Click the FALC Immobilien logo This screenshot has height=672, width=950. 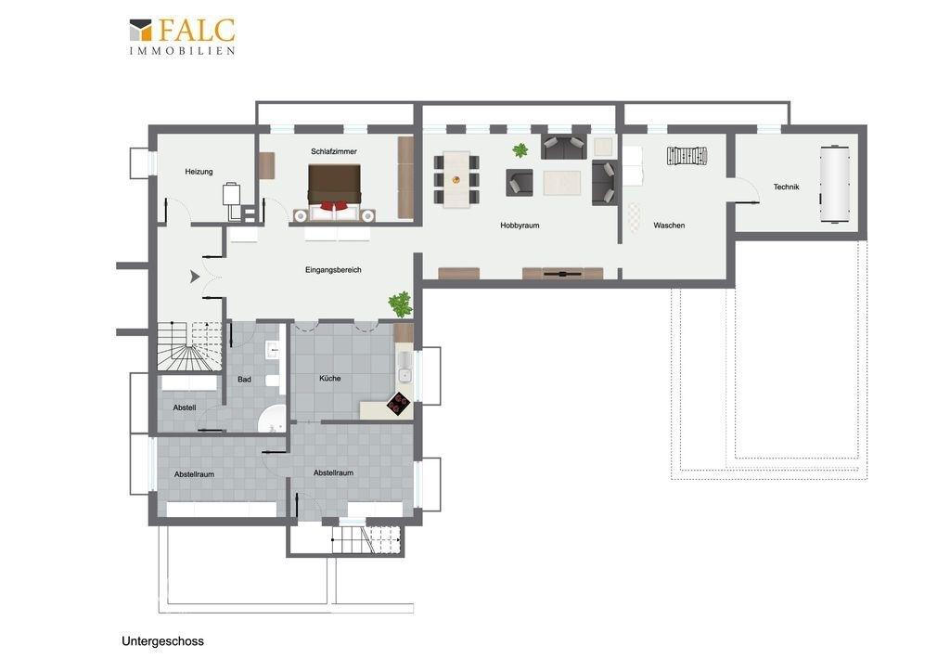click(182, 36)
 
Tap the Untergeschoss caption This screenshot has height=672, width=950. click(162, 641)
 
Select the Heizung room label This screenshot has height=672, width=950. click(199, 172)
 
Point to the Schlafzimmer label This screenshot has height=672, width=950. click(333, 151)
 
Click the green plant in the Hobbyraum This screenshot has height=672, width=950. click(520, 149)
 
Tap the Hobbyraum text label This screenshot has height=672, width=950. click(520, 226)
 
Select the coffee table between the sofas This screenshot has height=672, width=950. click(561, 182)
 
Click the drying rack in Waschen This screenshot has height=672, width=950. click(687, 156)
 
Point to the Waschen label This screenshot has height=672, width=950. click(669, 226)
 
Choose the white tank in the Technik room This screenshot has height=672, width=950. click(834, 184)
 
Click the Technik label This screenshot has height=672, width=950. click(786, 187)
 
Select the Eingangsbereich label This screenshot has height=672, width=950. click(333, 270)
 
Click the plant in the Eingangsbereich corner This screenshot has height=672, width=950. click(400, 304)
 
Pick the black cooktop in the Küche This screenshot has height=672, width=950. click(399, 403)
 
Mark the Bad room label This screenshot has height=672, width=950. click(244, 379)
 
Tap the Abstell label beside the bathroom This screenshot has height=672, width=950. click(185, 407)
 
